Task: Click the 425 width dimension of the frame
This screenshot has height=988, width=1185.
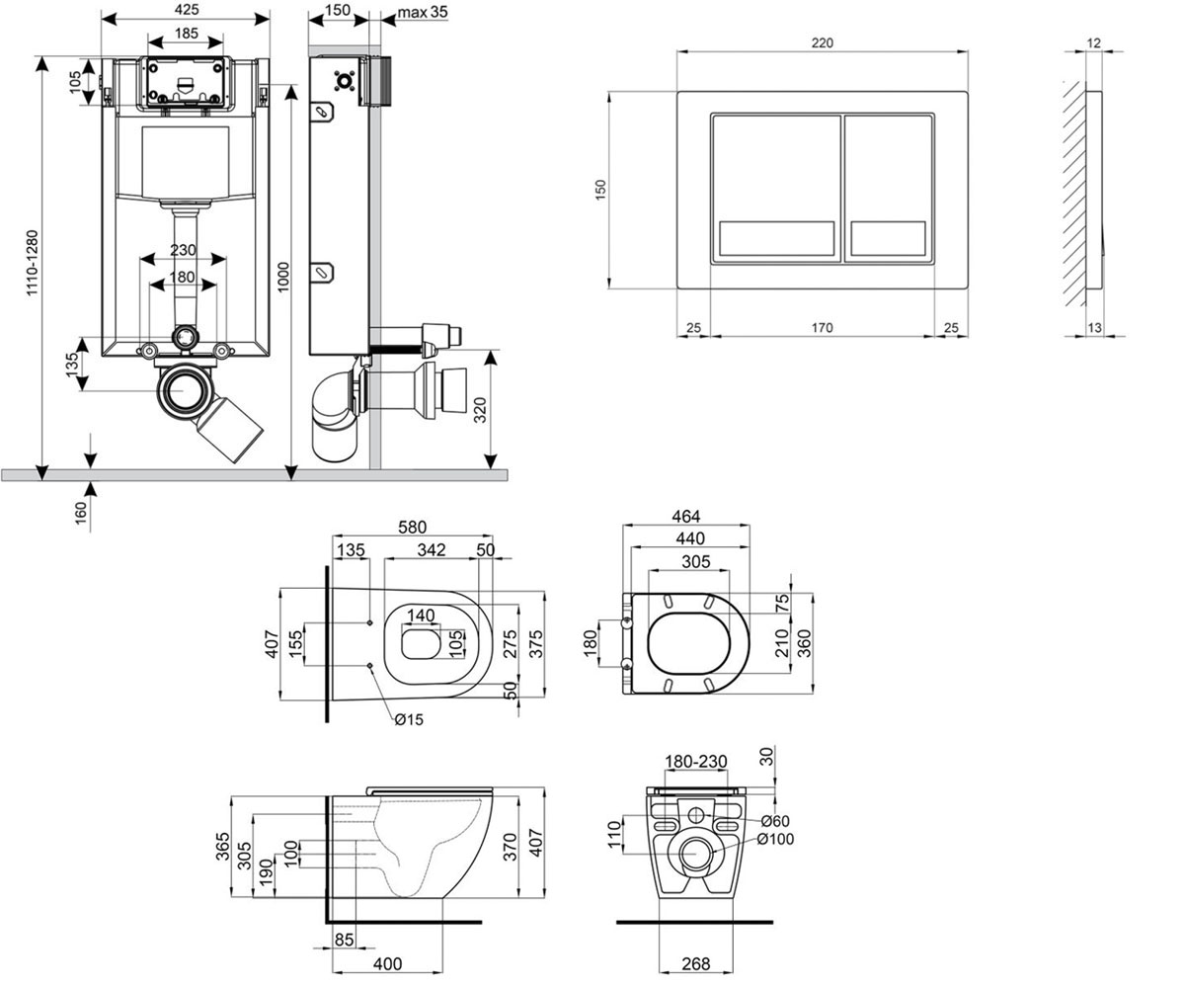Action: [187, 9]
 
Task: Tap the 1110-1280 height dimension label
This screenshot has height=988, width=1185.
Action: [32, 263]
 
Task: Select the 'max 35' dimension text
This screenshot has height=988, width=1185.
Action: [423, 12]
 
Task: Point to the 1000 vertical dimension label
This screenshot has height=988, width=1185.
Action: [282, 277]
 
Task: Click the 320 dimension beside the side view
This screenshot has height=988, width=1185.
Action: [480, 410]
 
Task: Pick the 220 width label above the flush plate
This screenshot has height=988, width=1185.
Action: [822, 42]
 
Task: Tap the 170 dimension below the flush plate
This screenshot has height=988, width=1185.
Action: [822, 328]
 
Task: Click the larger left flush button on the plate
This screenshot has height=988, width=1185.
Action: [776, 188]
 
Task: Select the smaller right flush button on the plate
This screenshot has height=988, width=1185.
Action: [888, 188]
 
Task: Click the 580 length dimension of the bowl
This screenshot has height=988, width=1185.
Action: [412, 527]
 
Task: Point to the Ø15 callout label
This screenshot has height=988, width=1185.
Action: [409, 720]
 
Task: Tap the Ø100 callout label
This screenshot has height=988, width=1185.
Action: [775, 839]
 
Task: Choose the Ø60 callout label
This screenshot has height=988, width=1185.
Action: [775, 821]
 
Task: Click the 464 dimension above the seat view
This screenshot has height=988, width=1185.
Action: [685, 516]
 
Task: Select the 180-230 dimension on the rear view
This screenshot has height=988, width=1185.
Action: [696, 761]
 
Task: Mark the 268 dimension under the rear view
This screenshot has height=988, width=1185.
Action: [696, 963]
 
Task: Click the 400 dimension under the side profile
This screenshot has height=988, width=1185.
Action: [388, 963]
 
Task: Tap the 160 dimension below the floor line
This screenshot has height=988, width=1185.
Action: [81, 513]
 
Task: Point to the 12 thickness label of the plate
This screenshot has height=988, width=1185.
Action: [1093, 42]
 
